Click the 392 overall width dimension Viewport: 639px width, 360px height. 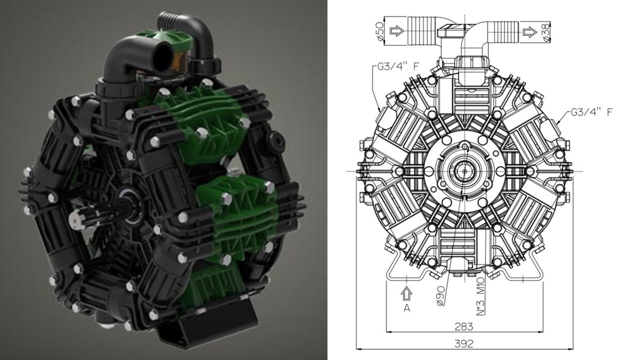[x=464, y=343]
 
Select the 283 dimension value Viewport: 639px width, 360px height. [x=464, y=326]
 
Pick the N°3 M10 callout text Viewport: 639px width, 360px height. [x=481, y=300]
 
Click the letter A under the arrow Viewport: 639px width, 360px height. [x=407, y=308]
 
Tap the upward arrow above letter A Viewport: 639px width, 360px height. [x=406, y=293]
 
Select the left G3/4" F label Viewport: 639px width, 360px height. [x=398, y=67]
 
